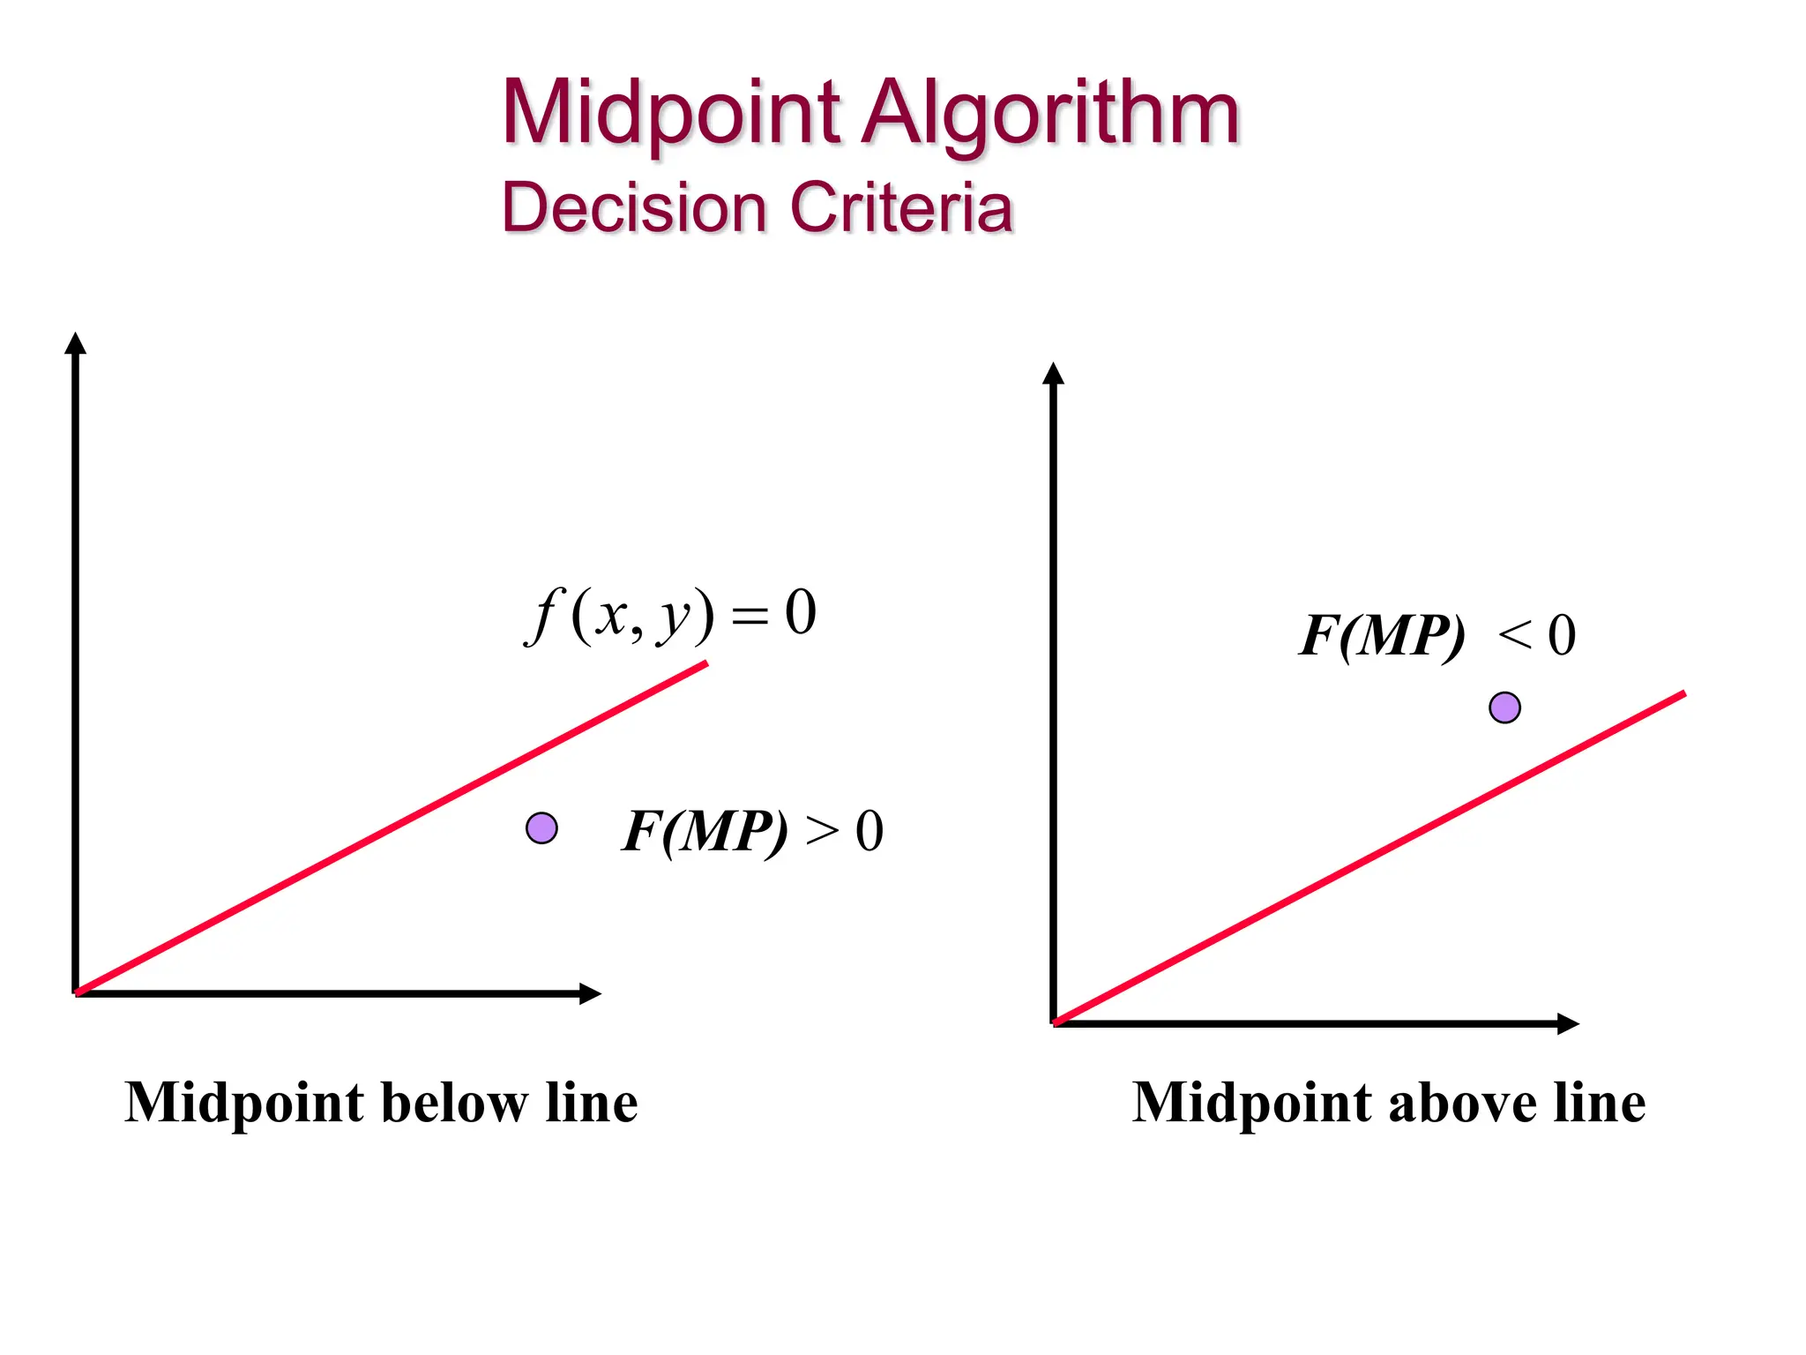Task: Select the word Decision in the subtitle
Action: pyautogui.click(x=634, y=208)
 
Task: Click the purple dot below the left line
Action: pyautogui.click(x=541, y=828)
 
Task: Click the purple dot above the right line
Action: pyautogui.click(x=1504, y=707)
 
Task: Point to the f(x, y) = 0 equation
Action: pyautogui.click(x=670, y=614)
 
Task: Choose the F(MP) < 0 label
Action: pyautogui.click(x=1437, y=635)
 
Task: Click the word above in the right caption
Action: pyautogui.click(x=1464, y=1103)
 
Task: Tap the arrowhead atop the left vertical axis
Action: pyautogui.click(x=76, y=344)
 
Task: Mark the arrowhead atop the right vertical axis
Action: pyautogui.click(x=1053, y=374)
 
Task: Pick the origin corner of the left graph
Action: pyautogui.click(x=78, y=992)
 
